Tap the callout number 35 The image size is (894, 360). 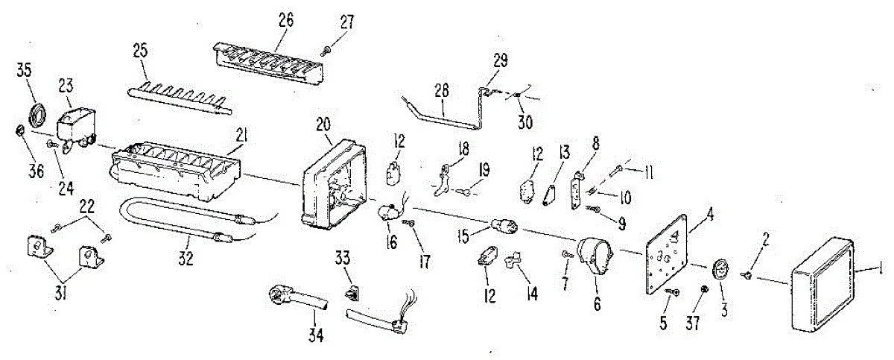(x=25, y=72)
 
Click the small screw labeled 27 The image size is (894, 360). (x=326, y=50)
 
